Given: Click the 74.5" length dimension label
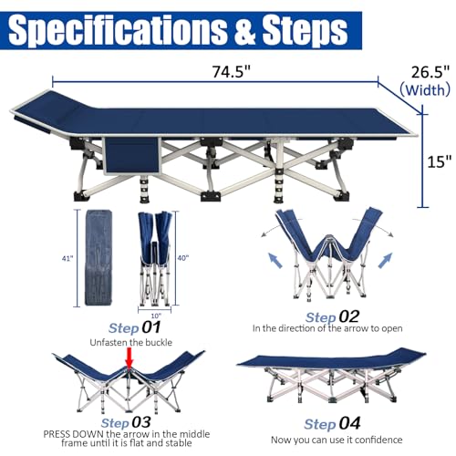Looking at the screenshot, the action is (231, 72).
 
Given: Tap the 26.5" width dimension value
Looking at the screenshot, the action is (430, 72).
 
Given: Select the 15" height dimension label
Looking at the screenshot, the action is (440, 161).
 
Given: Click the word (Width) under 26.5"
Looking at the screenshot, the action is (425, 90).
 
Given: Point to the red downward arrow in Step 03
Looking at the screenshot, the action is (130, 358).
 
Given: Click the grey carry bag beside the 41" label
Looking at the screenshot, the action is (98, 257).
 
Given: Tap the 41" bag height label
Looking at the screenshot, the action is (67, 259).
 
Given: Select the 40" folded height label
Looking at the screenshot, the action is (183, 258).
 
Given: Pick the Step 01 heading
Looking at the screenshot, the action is (135, 327).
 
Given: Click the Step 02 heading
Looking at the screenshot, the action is (333, 317).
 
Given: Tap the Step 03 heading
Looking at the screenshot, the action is (126, 422).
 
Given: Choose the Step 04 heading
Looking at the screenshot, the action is (332, 423).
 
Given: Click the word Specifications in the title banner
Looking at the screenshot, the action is (117, 30).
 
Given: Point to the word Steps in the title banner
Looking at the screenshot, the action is (305, 30).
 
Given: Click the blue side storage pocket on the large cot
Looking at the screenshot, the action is (132, 156).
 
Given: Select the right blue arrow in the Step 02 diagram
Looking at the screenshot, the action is (385, 260).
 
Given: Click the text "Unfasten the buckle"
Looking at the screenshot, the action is (131, 343).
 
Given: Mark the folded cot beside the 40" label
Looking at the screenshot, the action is (155, 259).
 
